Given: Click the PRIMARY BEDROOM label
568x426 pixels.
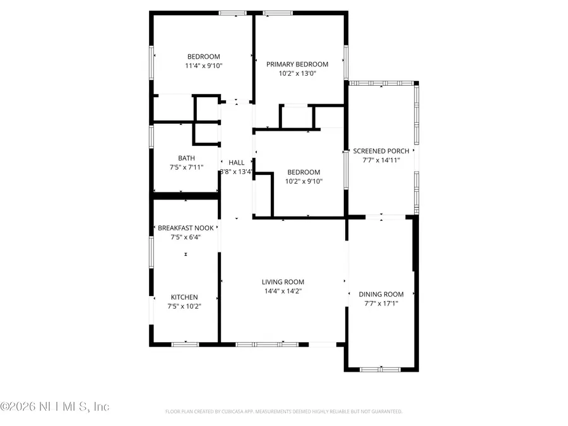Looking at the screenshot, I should coord(297,64).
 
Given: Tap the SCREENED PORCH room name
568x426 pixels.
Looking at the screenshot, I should coord(385,151).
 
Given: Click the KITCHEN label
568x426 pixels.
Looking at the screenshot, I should coord(184,297).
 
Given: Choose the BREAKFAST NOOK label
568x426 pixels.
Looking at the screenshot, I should coord(186,228).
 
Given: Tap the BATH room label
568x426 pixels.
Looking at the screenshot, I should coord(186,158).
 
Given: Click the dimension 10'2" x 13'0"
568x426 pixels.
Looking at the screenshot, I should coord(297,73).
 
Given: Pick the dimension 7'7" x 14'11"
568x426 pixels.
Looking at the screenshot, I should coord(385,160).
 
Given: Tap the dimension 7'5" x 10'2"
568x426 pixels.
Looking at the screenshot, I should coord(184,306).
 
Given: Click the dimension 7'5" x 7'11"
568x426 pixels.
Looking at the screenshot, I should coord(186,167).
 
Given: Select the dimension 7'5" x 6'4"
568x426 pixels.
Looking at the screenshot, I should coord(186,237).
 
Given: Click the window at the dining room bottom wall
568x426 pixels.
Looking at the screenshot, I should coord(381,369).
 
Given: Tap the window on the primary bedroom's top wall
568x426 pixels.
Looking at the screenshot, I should coord(273,12).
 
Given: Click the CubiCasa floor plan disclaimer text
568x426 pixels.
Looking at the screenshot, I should coord(283,411).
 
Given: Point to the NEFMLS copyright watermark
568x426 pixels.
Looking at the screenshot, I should coord(55,407).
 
